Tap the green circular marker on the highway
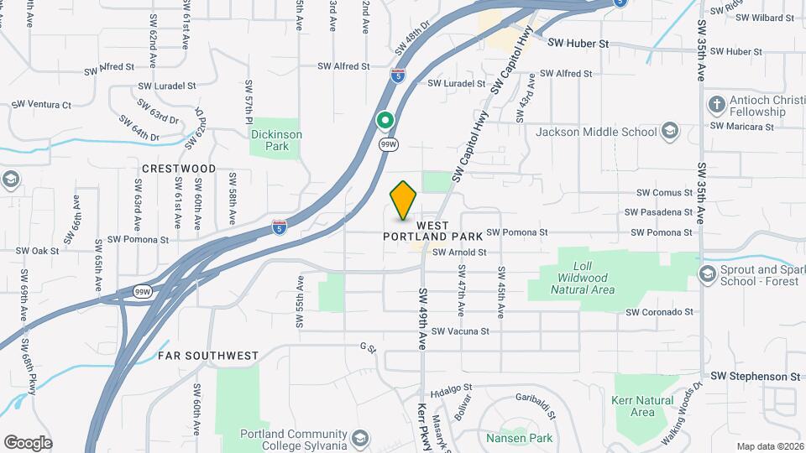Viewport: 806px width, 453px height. pos(385,121)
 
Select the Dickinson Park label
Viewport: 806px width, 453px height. pos(275,140)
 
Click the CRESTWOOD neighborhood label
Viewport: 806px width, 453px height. pos(179,169)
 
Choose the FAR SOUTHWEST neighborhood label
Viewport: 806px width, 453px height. pos(208,356)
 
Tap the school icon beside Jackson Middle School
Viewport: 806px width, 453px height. pos(669,132)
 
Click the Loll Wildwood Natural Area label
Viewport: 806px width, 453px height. pos(583,283)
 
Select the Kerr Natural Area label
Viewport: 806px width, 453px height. pos(642,407)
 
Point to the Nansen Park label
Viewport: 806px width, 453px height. pos(519,438)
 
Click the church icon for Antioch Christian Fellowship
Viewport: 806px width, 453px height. pos(716,106)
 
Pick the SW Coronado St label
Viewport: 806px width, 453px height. pos(659,312)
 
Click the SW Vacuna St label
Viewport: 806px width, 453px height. pos(460,331)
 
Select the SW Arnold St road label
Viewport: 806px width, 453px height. pos(459,252)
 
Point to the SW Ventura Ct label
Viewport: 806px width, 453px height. pos(41,105)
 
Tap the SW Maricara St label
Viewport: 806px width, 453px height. pos(741,127)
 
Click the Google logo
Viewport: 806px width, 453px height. pos(28,442)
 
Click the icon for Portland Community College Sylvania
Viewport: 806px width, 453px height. pos(359,439)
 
